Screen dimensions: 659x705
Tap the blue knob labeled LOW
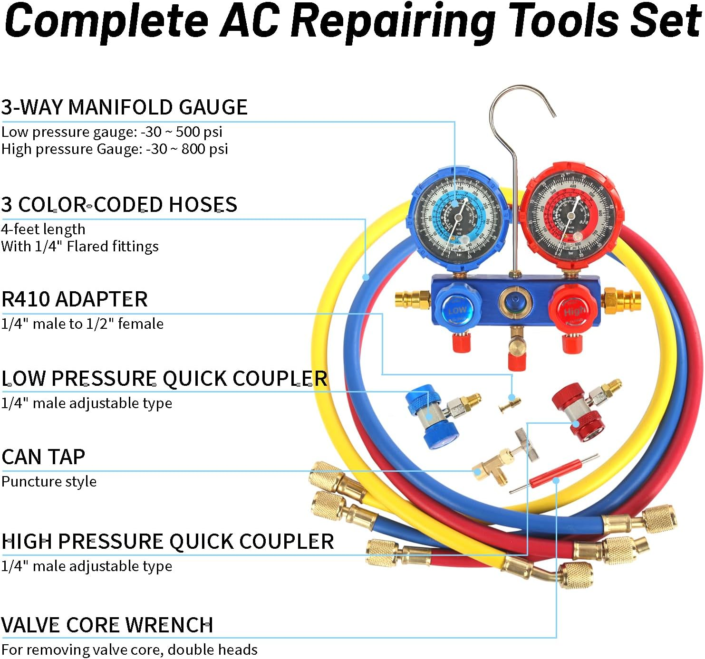[456, 308]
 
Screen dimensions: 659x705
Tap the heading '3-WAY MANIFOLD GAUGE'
[124, 107]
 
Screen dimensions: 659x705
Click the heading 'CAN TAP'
[43, 457]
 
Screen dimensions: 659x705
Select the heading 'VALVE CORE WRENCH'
[107, 625]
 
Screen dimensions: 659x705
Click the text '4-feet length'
[43, 229]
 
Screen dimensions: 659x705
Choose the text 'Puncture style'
[49, 482]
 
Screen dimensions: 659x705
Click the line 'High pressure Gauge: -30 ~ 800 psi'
[115, 149]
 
